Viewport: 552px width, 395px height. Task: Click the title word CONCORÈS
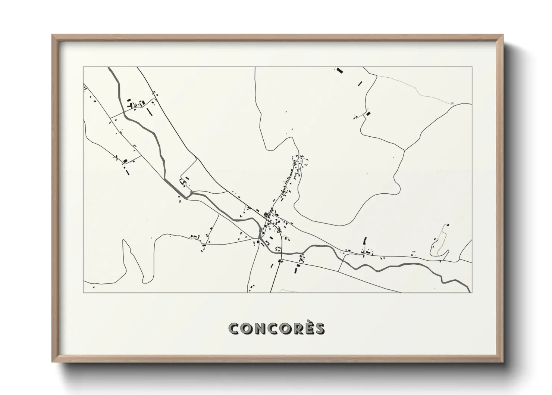[276, 329]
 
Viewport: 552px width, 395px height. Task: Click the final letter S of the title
[319, 329]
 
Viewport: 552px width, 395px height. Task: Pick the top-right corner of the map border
[472, 67]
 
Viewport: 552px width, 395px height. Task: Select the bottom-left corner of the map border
[83, 292]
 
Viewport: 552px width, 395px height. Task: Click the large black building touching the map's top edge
[339, 70]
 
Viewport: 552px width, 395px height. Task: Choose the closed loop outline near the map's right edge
[439, 243]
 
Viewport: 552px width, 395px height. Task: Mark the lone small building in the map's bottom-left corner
[94, 287]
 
